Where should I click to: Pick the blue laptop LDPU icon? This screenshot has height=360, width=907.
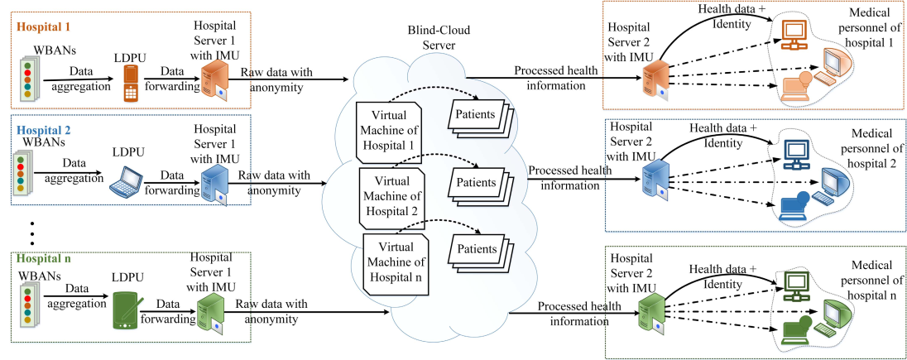click(126, 183)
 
